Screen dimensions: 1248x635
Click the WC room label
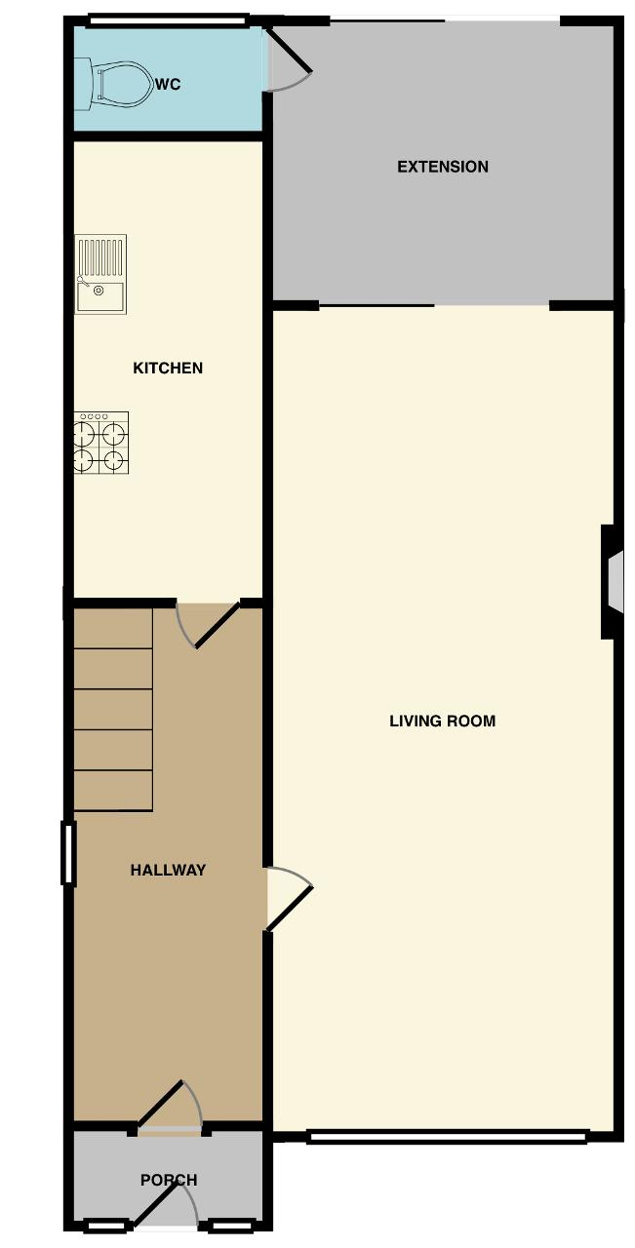click(x=168, y=85)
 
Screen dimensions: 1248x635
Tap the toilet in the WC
click(x=121, y=84)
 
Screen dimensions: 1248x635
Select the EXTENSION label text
click(x=443, y=167)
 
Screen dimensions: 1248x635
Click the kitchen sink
click(x=100, y=274)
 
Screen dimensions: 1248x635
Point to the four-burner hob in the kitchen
click(x=100, y=443)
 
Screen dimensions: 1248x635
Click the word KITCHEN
click(x=168, y=368)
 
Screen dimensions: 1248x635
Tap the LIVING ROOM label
click(x=443, y=721)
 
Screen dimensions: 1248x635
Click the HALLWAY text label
click(x=168, y=870)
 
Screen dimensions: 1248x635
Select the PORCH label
click(x=169, y=1180)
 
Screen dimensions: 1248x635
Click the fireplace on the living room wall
click(x=613, y=582)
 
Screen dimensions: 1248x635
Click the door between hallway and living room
click(x=290, y=898)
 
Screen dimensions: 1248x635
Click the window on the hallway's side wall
click(x=68, y=854)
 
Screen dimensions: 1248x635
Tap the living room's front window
click(x=448, y=1136)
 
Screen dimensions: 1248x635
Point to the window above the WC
click(x=168, y=19)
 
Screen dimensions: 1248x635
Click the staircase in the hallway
click(x=113, y=709)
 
